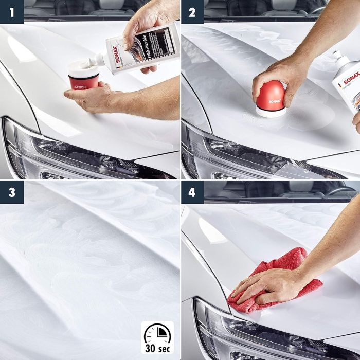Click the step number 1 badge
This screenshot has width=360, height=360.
(x=11, y=11)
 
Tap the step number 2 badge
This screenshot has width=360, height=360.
(x=192, y=11)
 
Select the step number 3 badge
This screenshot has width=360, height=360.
(x=11, y=192)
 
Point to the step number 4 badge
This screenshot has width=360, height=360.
(x=192, y=192)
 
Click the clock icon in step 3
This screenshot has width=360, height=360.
(x=157, y=332)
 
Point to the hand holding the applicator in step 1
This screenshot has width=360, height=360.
(x=95, y=98)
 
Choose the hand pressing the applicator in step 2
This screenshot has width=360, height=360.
(x=280, y=77)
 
